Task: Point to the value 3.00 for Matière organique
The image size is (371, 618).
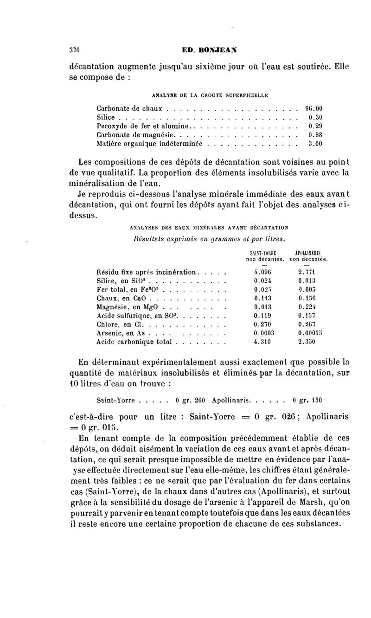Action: pos(315,144)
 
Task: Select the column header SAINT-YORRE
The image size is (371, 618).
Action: pos(259,253)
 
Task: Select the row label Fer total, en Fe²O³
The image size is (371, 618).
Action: pos(125,289)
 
